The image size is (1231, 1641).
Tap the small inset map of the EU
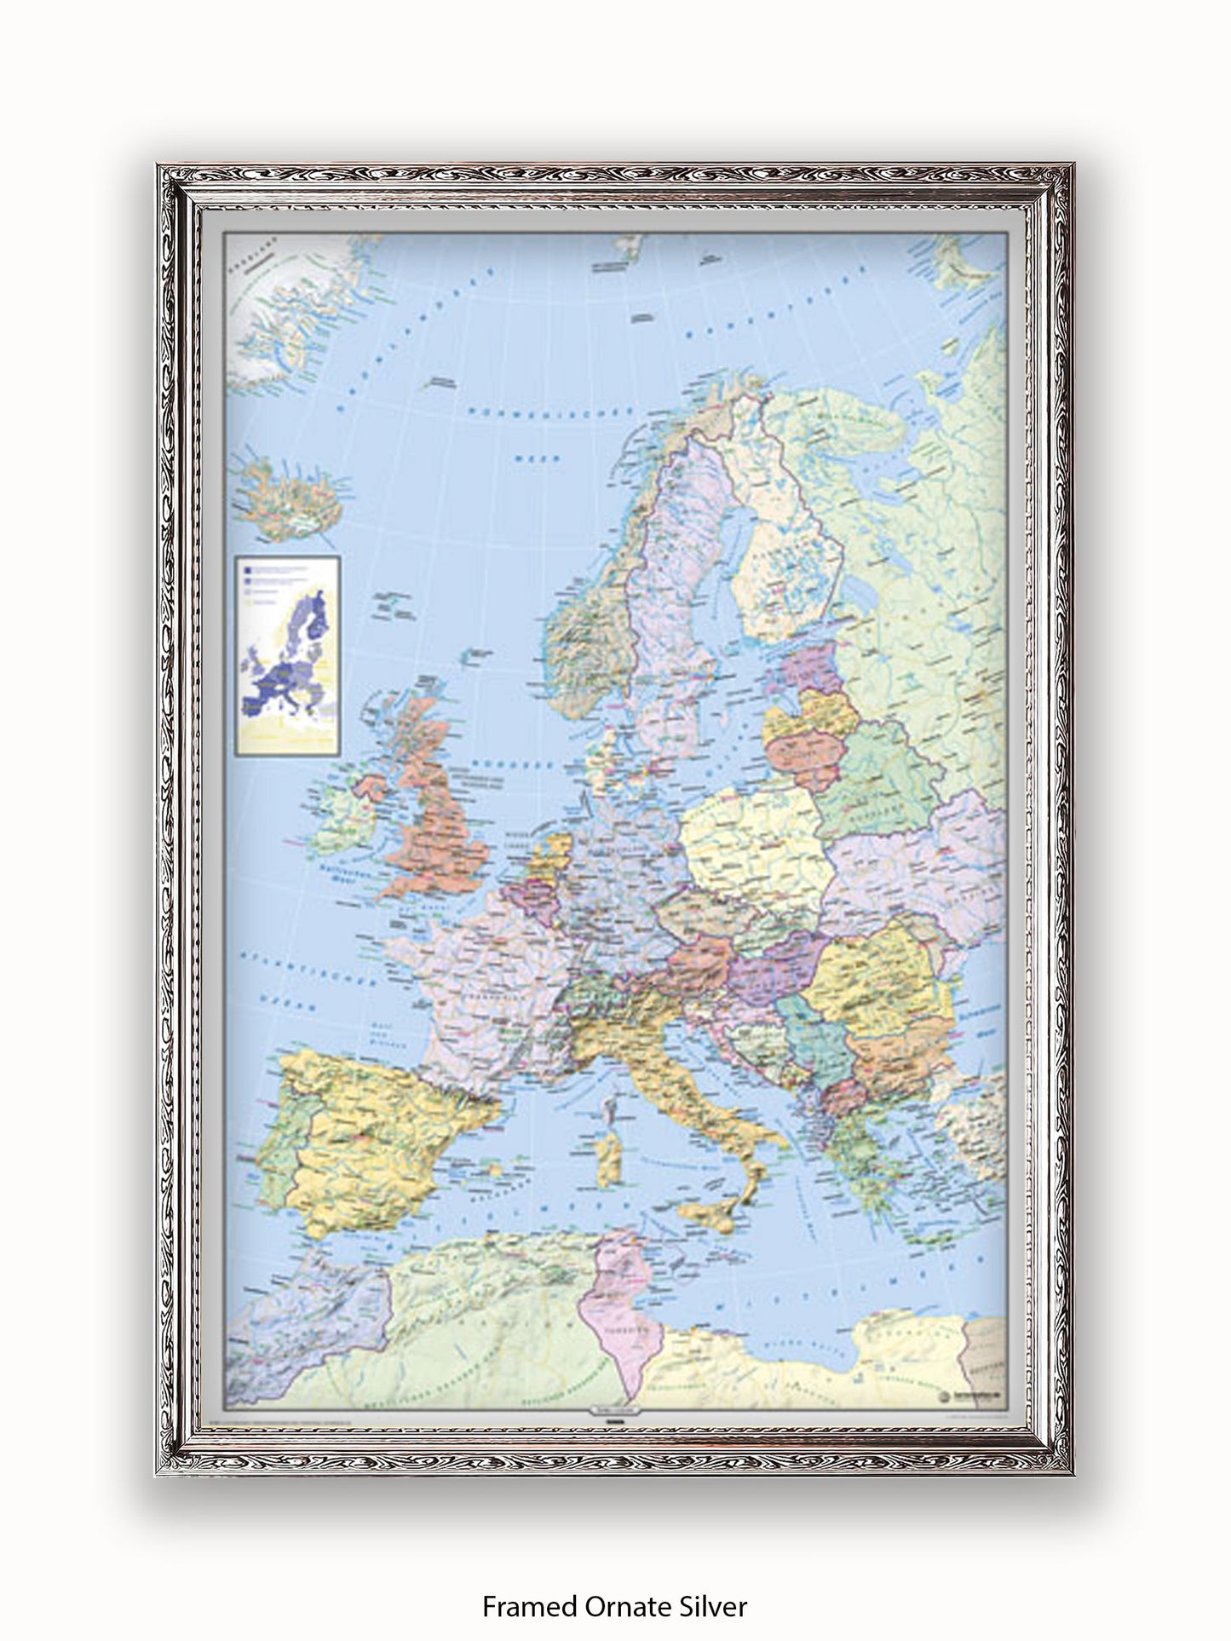290,655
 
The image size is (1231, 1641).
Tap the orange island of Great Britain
439,818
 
